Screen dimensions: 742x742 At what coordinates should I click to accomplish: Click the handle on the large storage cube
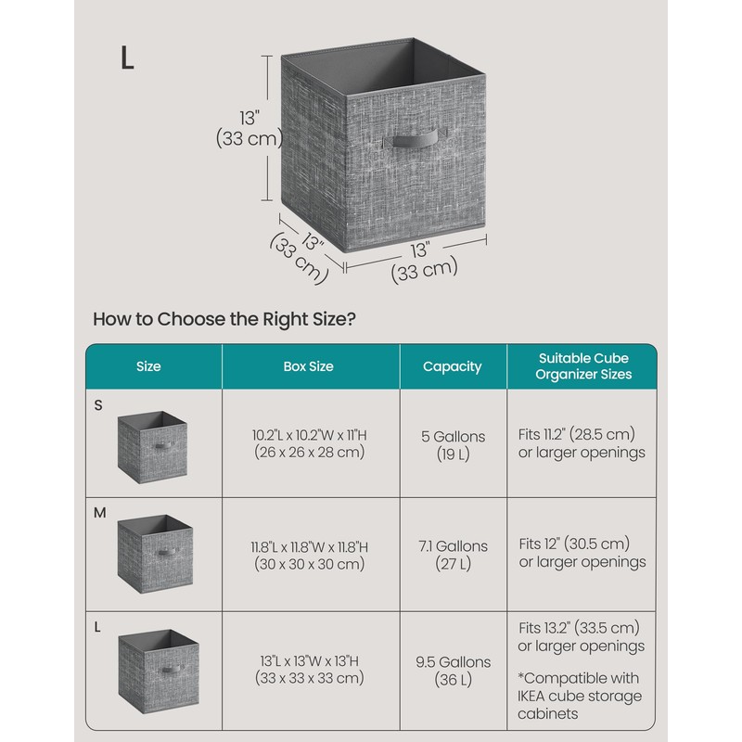[413, 141]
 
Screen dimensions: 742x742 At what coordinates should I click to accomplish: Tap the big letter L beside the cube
[127, 57]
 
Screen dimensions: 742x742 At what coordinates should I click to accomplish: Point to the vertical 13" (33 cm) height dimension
[249, 129]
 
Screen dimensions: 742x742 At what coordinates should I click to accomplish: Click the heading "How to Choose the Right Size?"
[224, 319]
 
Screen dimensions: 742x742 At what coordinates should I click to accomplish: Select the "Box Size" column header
[308, 366]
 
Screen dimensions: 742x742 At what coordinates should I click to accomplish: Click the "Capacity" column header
[452, 366]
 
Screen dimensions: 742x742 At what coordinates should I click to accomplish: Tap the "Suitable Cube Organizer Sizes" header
[584, 366]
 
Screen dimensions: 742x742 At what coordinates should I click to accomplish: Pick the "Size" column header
[148, 366]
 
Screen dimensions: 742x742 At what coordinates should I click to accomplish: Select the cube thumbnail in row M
[154, 554]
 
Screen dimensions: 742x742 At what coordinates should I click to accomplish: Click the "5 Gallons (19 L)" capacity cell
[452, 444]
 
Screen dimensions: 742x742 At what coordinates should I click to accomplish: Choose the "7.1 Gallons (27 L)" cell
[452, 555]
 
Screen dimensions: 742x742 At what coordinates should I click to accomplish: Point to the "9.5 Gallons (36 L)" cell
[452, 671]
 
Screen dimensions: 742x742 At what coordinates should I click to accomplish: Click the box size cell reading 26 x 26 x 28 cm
[309, 443]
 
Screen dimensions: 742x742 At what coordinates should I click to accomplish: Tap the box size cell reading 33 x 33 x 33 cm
[309, 670]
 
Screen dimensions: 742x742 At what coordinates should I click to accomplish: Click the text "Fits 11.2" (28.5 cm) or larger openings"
[582, 443]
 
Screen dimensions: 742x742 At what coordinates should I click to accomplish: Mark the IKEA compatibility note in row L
[580, 697]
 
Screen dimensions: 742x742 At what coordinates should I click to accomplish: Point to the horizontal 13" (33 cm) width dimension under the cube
[423, 260]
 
